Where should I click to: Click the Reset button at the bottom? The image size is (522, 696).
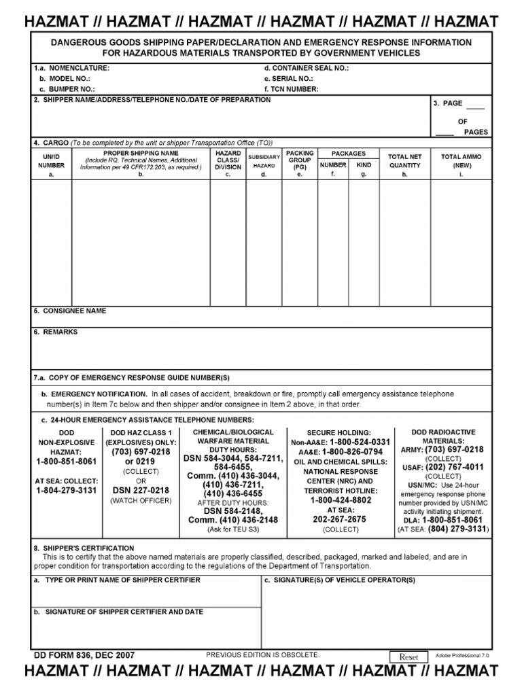(x=408, y=657)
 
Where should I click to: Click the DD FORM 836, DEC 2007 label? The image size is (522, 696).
(x=84, y=655)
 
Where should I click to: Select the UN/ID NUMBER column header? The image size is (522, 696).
(x=51, y=164)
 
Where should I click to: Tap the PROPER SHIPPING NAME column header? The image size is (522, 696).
(x=141, y=160)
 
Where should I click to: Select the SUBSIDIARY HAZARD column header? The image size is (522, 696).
(x=264, y=161)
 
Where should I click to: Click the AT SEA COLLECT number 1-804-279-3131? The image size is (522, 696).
(x=67, y=490)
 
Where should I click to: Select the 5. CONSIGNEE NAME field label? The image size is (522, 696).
(x=70, y=311)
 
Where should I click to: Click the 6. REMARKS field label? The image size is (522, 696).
(x=56, y=332)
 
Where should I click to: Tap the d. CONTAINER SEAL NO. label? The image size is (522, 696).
(x=307, y=69)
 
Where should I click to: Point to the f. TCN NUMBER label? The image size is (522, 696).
(x=292, y=88)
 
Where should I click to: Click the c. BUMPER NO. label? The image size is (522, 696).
(x=67, y=88)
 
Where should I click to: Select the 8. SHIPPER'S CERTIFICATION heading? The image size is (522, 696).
(x=84, y=548)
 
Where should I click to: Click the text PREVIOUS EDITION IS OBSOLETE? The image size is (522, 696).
(x=262, y=655)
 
